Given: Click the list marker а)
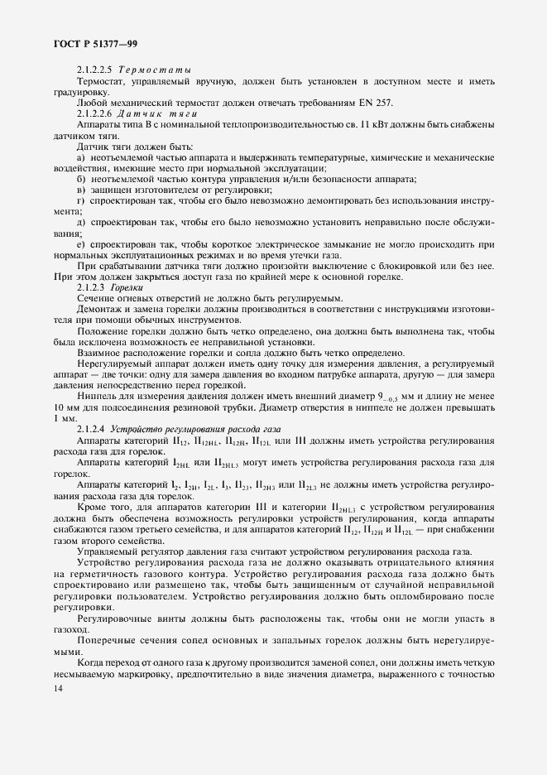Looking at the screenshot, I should [x=81, y=156].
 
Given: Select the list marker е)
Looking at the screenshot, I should [x=81, y=245].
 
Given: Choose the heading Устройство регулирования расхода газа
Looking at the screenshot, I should [x=196, y=429].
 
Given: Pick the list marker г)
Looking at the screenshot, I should [x=80, y=200].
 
